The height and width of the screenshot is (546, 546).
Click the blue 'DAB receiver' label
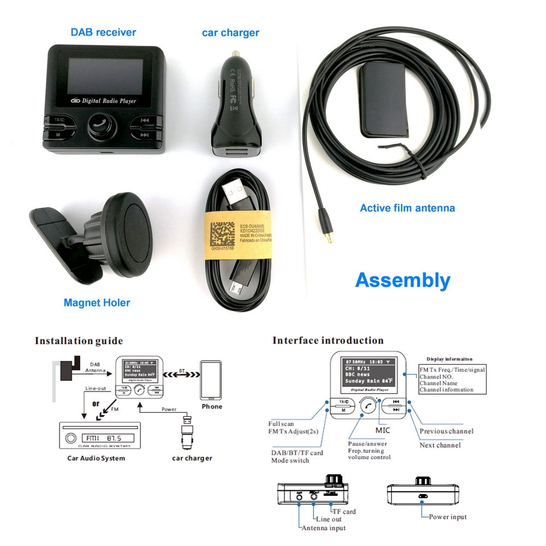(103, 32)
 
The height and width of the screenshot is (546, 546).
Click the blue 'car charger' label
(230, 33)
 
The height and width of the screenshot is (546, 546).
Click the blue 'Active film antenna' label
(407, 208)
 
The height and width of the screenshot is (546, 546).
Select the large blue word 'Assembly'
(402, 280)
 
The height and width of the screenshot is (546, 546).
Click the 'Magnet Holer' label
(97, 302)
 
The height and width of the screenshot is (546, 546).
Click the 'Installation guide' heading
(79, 341)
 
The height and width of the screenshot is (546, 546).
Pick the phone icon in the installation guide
(211, 380)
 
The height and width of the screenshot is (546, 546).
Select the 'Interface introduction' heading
(328, 341)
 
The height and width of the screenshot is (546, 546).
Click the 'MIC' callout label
(382, 430)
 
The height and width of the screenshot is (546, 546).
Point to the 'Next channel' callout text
(440, 445)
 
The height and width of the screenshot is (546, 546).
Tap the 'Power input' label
(447, 517)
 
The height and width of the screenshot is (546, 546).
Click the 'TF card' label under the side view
(344, 512)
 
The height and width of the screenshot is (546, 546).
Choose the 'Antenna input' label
(323, 528)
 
